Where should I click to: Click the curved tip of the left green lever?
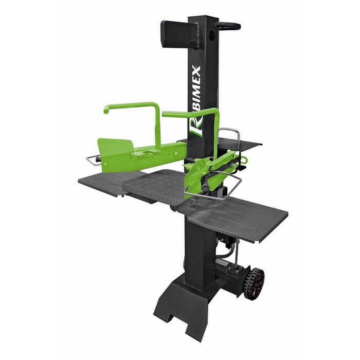(x=106, y=110)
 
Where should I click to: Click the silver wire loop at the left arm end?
(x=92, y=160)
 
